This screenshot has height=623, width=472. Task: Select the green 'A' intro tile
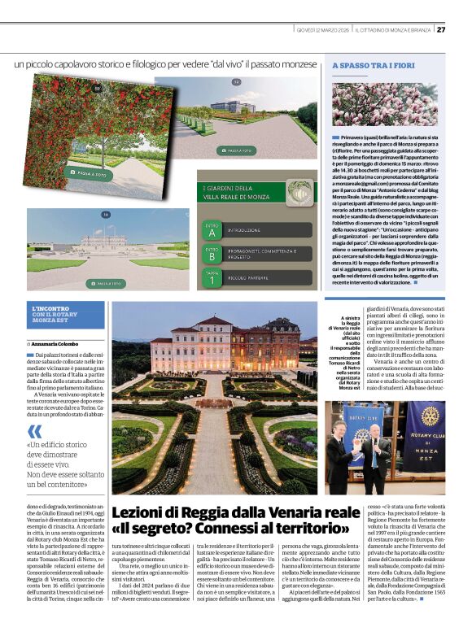click(x=212, y=230)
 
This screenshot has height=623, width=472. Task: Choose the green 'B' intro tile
click(x=212, y=255)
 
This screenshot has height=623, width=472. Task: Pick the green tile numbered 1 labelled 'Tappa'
click(x=212, y=278)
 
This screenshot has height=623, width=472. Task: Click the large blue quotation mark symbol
click(x=34, y=431)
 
